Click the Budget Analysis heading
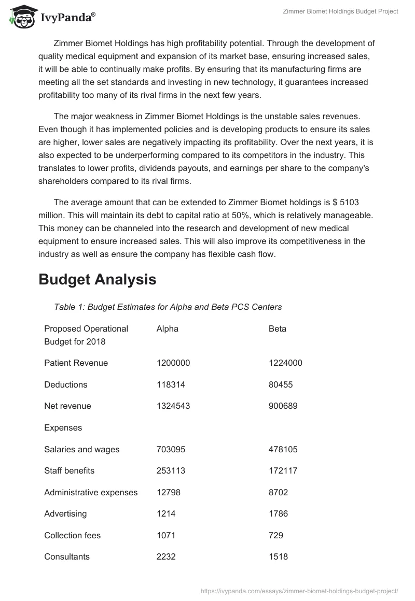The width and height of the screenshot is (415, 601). click(97, 279)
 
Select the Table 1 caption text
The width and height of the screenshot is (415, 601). click(168, 307)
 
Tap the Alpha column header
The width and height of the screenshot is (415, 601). click(167, 328)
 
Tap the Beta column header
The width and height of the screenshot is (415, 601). click(277, 328)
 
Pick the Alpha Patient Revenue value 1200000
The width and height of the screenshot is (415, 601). click(173, 363)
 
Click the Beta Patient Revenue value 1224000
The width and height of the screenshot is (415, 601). click(285, 363)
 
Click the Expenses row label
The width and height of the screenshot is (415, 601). click(63, 427)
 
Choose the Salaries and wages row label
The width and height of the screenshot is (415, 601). click(81, 449)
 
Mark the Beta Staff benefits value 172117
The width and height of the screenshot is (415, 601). click(282, 470)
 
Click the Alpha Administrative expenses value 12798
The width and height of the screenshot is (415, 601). click(168, 492)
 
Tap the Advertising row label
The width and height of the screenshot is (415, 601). click(65, 513)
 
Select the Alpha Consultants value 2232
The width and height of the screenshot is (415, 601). click(166, 556)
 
